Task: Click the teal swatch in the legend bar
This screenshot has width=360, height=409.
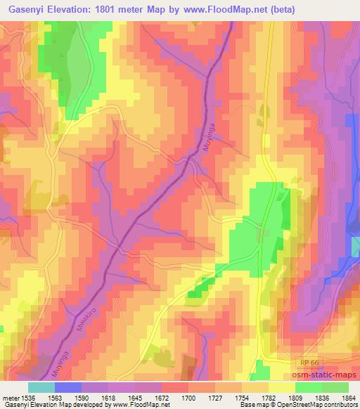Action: point(41,387)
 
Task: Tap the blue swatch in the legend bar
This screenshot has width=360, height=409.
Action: point(67,387)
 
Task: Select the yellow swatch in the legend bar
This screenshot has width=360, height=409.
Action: point(281,387)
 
